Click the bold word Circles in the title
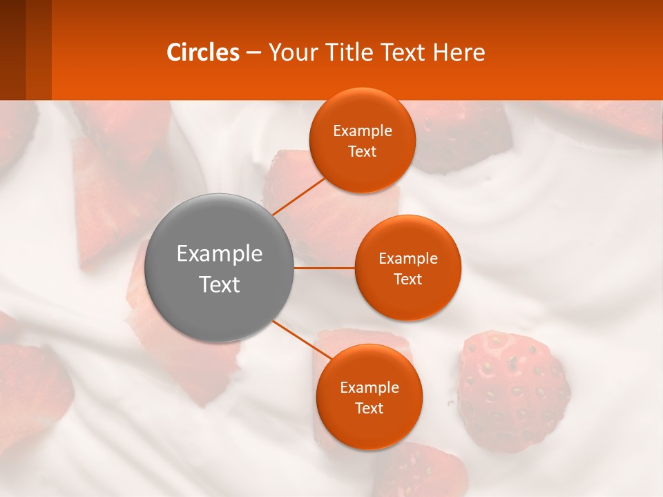coord(203,52)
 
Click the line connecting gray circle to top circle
coord(299,195)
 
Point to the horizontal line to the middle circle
coord(325,268)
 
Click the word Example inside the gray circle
coord(220,254)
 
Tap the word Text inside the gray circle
coord(220,284)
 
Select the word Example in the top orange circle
coord(362,130)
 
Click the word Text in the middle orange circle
coord(407,279)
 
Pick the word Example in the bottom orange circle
coord(369,387)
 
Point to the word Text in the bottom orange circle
coord(369,408)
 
